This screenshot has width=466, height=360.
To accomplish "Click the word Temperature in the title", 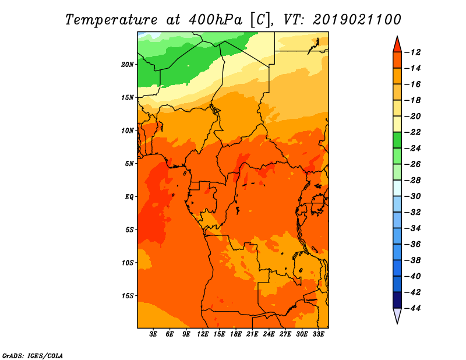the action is [x=111, y=20].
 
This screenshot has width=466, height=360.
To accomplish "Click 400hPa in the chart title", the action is [x=216, y=20].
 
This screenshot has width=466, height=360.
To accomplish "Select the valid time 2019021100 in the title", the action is [x=357, y=20].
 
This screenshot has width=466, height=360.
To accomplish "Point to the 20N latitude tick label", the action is [x=128, y=65].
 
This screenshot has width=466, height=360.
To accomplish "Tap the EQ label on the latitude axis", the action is [x=129, y=197].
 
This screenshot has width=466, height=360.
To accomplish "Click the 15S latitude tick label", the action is [x=128, y=296].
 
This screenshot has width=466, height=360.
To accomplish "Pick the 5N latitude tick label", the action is [x=129, y=164].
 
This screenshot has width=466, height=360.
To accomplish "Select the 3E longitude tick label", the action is [x=153, y=334].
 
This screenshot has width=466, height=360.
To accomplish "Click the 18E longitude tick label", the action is [x=236, y=334].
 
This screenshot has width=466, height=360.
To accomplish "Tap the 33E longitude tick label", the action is [x=318, y=334].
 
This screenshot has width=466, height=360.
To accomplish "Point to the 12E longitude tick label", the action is [x=203, y=334].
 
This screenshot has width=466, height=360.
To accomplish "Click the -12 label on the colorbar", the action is [x=412, y=52].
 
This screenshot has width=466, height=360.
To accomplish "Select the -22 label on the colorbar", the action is [x=412, y=132].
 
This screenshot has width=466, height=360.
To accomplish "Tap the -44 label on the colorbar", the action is [x=412, y=308].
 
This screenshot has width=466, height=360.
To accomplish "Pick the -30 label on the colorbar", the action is [x=412, y=196].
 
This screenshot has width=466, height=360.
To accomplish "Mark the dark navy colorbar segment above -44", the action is [x=397, y=300].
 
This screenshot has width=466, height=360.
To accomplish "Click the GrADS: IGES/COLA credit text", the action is [x=33, y=356].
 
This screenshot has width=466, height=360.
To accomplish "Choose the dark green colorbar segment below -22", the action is [x=397, y=140].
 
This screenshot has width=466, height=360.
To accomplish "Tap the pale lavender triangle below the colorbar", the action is [x=397, y=315].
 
